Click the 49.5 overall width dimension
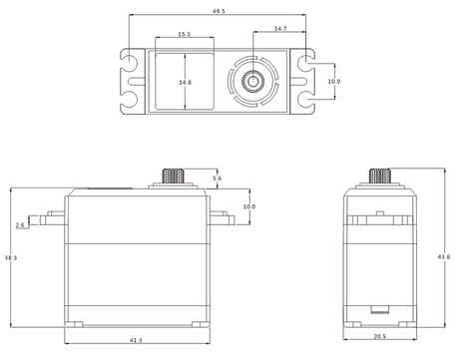click(x=219, y=11)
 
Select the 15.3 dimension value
click(x=184, y=34)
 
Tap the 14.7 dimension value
click(x=280, y=29)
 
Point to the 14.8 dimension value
click(x=186, y=82)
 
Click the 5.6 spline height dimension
click(x=217, y=179)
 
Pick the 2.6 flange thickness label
click(x=20, y=225)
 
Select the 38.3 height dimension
click(x=11, y=257)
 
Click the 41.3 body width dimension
click(x=136, y=340)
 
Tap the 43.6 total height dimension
click(x=444, y=256)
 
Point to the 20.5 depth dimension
click(x=380, y=336)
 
